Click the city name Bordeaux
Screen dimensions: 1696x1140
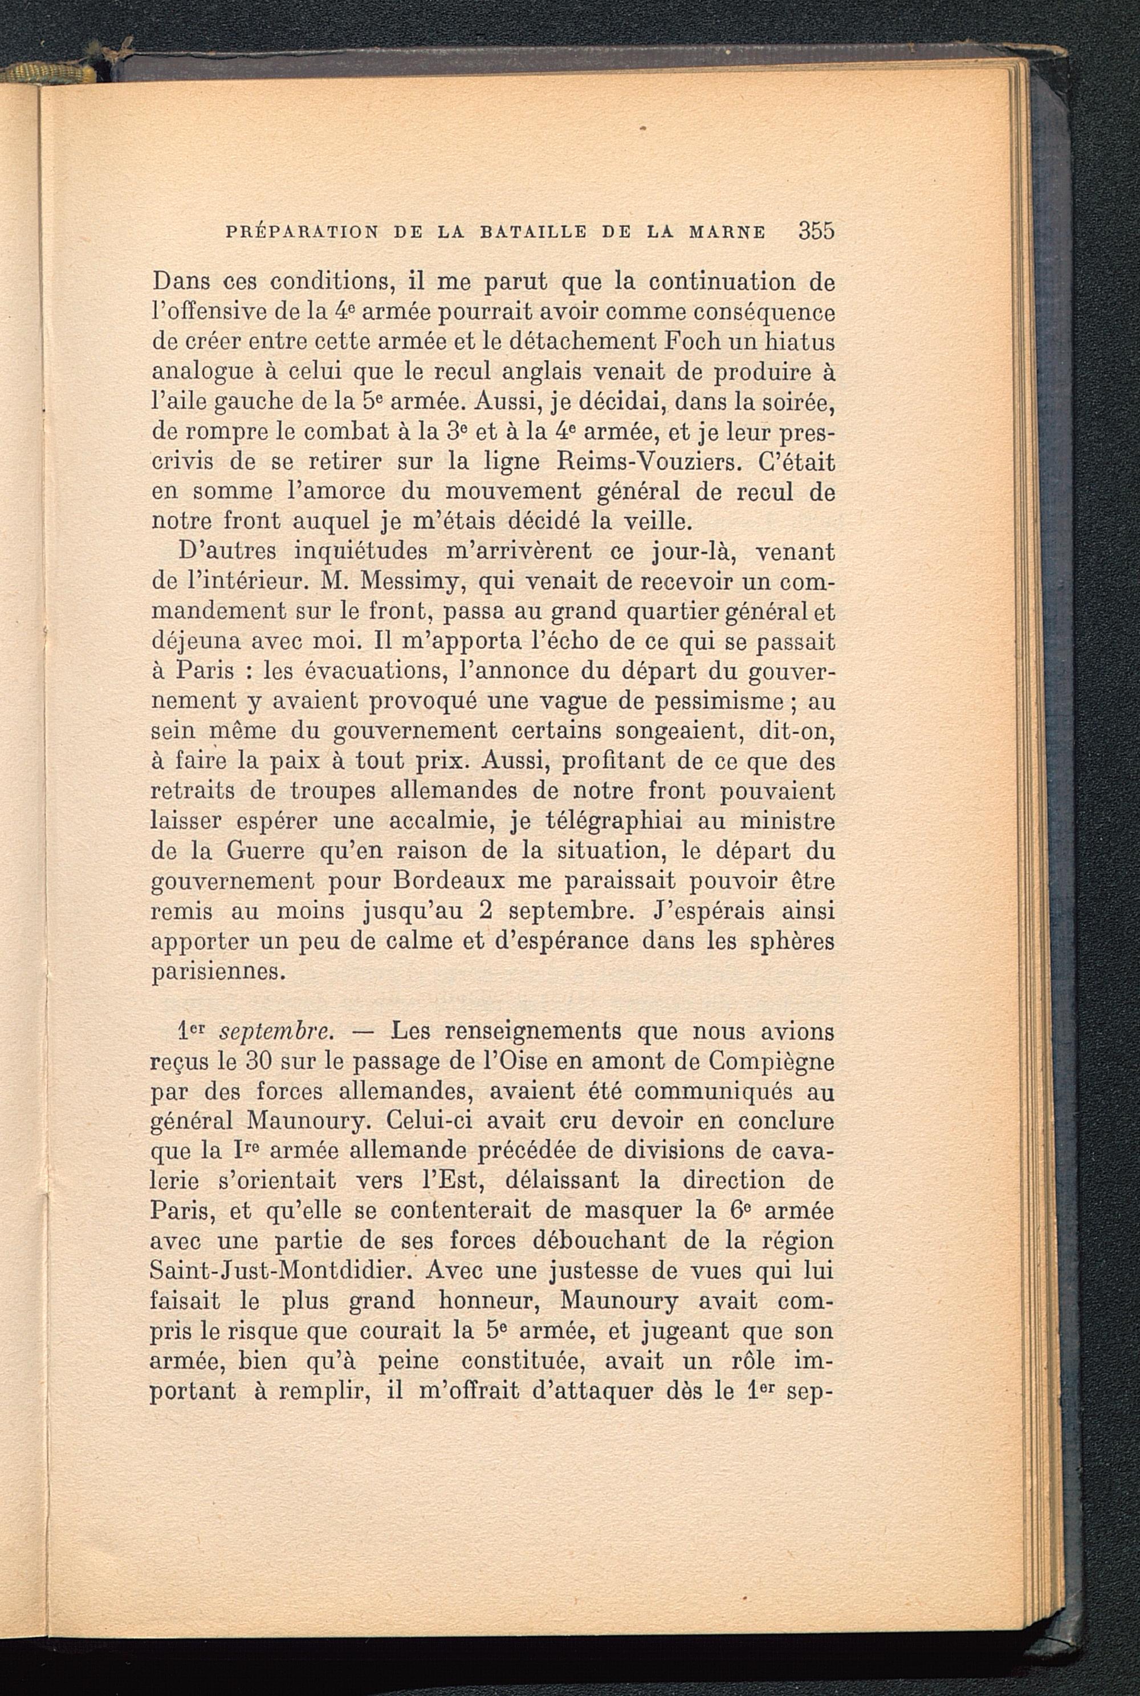tap(443, 882)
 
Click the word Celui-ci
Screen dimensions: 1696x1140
tap(425, 1122)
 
